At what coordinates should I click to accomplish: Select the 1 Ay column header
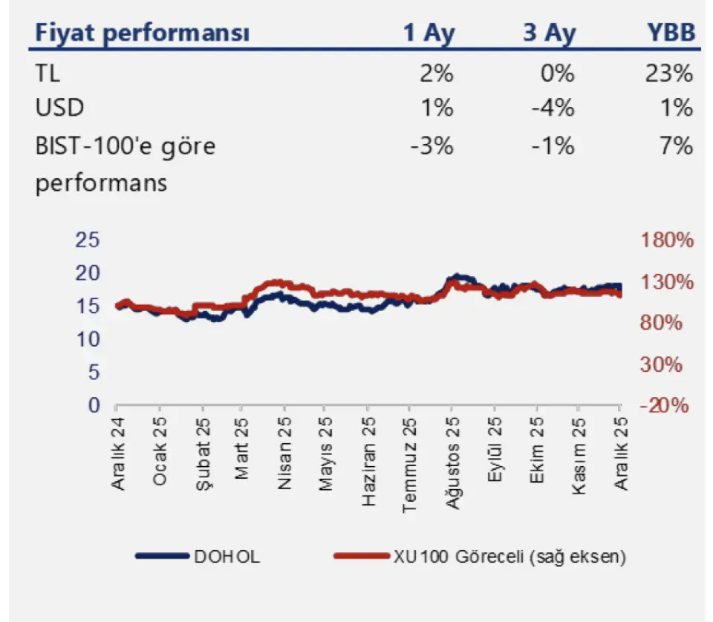pyautogui.click(x=429, y=33)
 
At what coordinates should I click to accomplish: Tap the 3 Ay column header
pyautogui.click(x=550, y=33)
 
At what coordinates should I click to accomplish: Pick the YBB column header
pyautogui.click(x=669, y=33)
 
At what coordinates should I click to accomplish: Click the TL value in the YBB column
pyautogui.click(x=669, y=73)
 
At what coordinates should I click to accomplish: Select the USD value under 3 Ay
pyautogui.click(x=553, y=108)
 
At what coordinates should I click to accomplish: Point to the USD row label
pyautogui.click(x=59, y=108)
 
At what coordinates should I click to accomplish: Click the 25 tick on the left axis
pyautogui.click(x=88, y=240)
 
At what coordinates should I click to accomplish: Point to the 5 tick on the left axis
pyautogui.click(x=94, y=373)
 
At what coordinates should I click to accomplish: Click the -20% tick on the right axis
pyautogui.click(x=668, y=406)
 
